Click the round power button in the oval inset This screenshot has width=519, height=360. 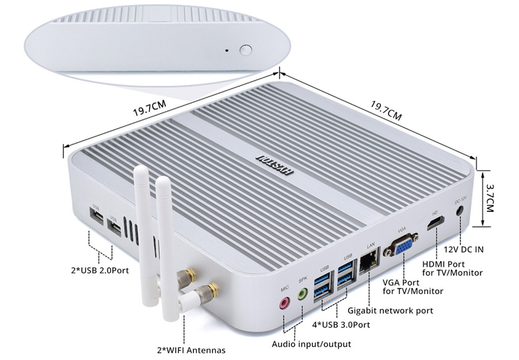pos(246,50)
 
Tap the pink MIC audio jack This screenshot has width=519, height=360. pos(285,303)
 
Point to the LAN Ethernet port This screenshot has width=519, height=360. pos(369,261)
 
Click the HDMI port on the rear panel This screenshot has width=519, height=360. pos(436,223)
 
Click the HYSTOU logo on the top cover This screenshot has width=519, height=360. pos(274,165)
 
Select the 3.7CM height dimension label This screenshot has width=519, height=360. pos(489,199)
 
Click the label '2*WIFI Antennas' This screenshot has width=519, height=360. pos(191,350)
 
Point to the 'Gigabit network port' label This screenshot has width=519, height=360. pos(390,311)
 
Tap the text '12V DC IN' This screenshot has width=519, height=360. pos(464,250)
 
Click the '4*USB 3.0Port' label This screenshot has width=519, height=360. pos(341,325)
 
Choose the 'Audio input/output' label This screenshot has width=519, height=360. pos(311,344)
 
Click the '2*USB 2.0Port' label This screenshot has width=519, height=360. pos(99,270)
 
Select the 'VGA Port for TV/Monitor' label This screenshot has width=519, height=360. pos(413,287)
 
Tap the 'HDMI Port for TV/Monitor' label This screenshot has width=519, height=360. pos(452,268)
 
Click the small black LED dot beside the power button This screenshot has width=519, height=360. pos(227,50)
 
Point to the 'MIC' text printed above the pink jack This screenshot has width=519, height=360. pos(285,288)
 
